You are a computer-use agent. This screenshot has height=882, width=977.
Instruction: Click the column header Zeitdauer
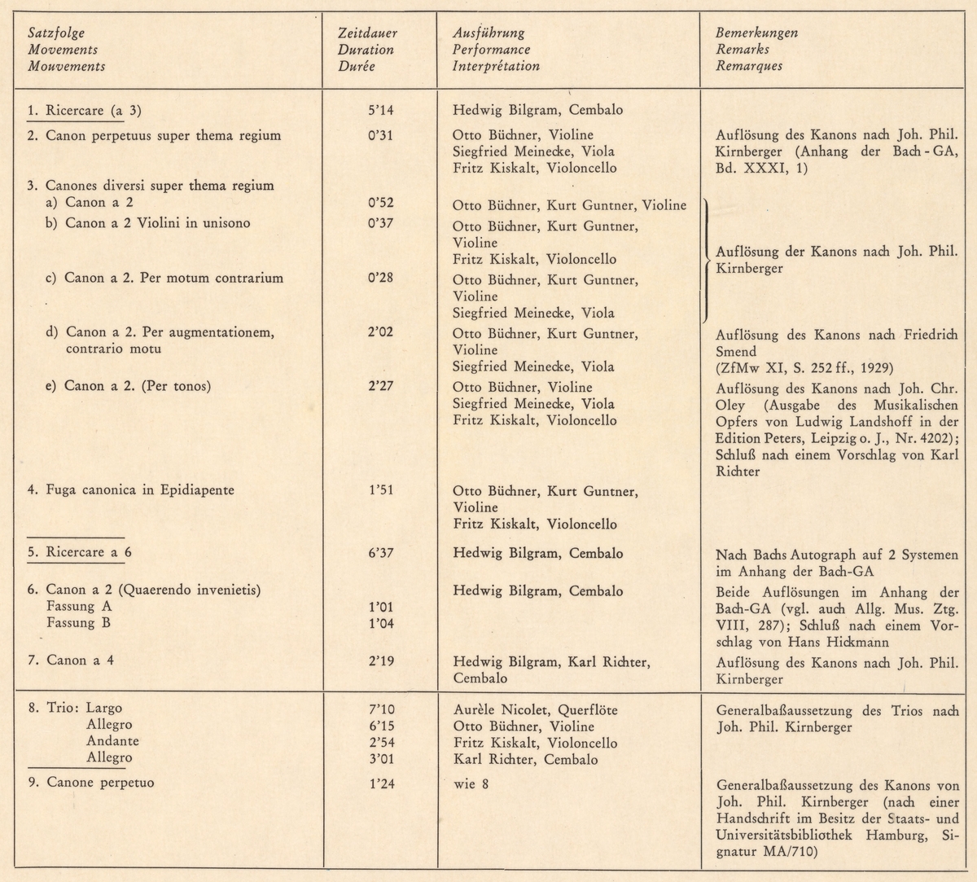pyautogui.click(x=366, y=33)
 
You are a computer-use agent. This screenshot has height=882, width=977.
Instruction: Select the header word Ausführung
pyautogui.click(x=488, y=33)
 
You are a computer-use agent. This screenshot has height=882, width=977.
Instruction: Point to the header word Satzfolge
pyautogui.click(x=56, y=33)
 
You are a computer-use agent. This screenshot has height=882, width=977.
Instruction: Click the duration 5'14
pyautogui.click(x=380, y=110)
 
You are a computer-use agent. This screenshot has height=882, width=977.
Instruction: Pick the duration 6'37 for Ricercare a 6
pyautogui.click(x=380, y=554)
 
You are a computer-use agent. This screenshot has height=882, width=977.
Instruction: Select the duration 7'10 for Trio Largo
pyautogui.click(x=380, y=710)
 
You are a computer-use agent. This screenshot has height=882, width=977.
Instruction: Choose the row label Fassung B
pyautogui.click(x=79, y=624)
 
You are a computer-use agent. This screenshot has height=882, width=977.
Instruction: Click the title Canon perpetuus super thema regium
pyautogui.click(x=163, y=135)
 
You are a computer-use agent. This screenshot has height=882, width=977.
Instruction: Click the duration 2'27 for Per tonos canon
pyautogui.click(x=380, y=386)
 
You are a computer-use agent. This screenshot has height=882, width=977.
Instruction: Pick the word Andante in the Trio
pyautogui.click(x=112, y=742)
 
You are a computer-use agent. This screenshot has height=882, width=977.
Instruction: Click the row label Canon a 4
pyautogui.click(x=80, y=660)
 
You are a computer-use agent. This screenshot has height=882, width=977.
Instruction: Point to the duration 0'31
pyautogui.click(x=380, y=135)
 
